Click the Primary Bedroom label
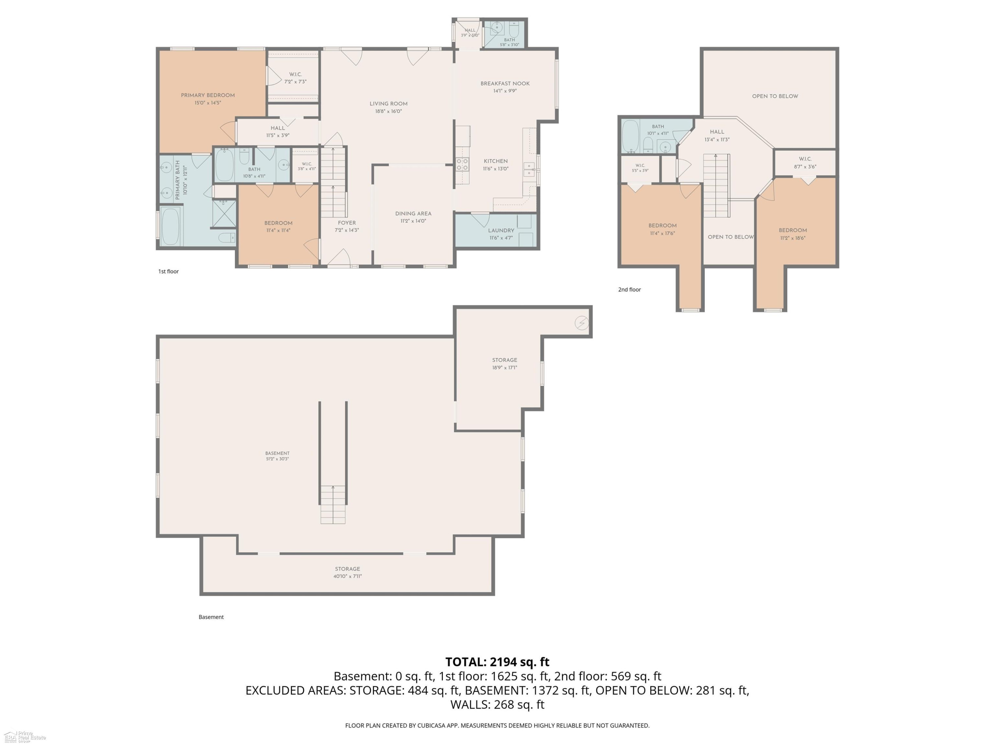(x=208, y=95)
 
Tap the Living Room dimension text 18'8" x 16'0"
(x=389, y=111)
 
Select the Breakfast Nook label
(x=505, y=84)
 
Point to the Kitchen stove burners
(x=462, y=164)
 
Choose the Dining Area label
(x=413, y=214)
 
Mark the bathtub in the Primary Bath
(x=170, y=226)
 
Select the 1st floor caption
(x=168, y=272)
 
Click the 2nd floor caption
(x=629, y=289)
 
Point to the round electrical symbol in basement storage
(x=582, y=323)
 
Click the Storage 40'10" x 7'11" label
(x=347, y=572)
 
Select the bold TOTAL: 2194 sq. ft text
(x=497, y=662)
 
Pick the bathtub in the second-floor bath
(x=630, y=136)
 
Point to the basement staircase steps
(x=333, y=505)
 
